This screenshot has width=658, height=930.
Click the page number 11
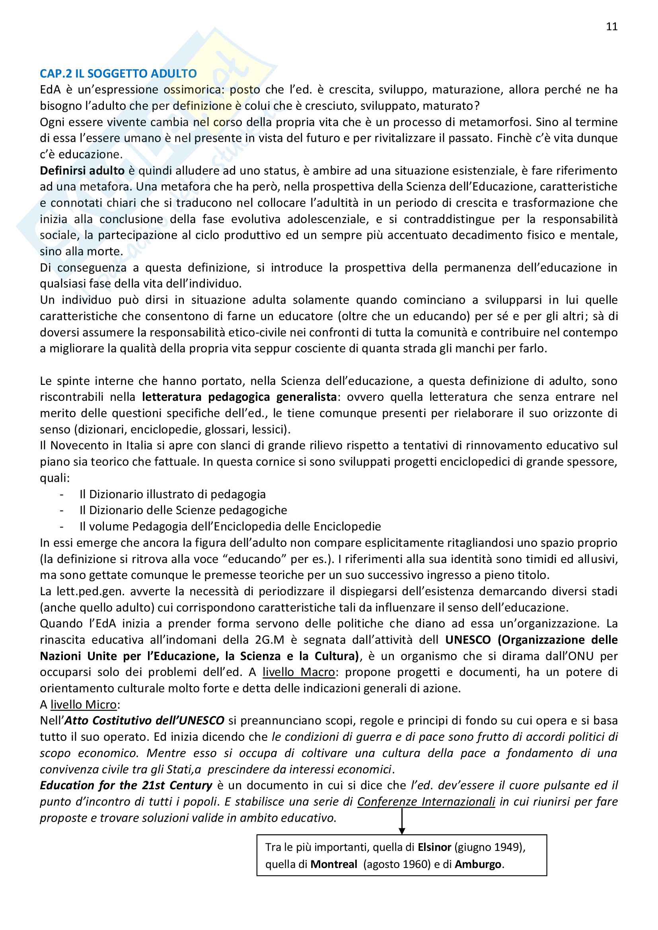(611, 27)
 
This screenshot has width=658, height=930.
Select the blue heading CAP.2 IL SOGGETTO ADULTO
(118, 73)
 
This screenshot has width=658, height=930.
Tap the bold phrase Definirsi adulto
(82, 171)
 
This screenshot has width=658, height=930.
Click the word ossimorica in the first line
(194, 89)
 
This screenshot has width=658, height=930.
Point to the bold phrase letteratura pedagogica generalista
(239, 397)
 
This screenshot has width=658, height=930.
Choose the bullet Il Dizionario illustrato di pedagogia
(173, 494)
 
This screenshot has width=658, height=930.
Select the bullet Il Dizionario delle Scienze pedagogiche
(183, 510)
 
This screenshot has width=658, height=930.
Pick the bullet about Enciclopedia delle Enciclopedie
(230, 526)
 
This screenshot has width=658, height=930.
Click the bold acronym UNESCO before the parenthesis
(468, 640)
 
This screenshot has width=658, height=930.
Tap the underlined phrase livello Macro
(299, 672)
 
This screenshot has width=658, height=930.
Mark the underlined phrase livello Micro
(84, 705)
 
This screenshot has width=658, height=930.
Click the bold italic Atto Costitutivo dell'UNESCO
(144, 720)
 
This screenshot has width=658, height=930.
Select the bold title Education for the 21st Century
(126, 785)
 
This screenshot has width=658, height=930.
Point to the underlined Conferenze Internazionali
(426, 802)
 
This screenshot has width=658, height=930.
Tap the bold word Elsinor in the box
(434, 847)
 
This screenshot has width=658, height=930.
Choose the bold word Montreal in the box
(334, 864)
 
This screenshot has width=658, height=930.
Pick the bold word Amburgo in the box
(478, 864)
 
